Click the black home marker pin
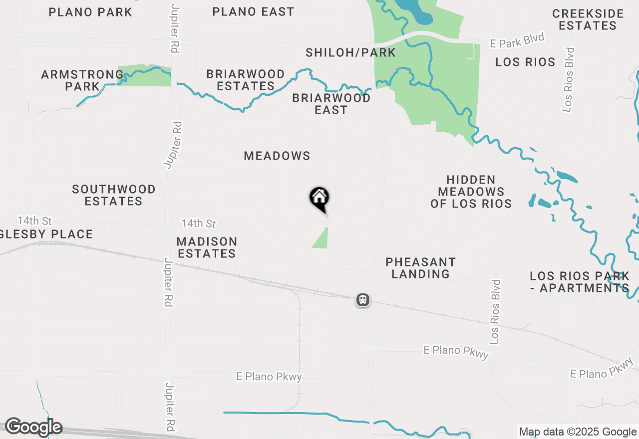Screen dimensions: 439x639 click(319, 199)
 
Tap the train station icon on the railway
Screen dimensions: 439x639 click(363, 300)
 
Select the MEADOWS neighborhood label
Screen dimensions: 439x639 click(277, 156)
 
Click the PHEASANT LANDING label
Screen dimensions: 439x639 click(420, 268)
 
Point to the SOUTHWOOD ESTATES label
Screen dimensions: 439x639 click(114, 195)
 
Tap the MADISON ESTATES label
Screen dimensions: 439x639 click(207, 247)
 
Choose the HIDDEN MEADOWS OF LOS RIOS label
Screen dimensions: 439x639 click(471, 192)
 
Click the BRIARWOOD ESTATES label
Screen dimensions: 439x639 click(246, 80)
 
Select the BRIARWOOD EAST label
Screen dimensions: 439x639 click(331, 104)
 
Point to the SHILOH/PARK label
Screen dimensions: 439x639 click(350, 52)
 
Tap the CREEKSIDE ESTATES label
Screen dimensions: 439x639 click(588, 19)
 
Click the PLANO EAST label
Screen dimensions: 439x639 click(253, 11)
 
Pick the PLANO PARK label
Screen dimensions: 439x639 click(90, 12)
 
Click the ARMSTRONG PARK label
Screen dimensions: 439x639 click(82, 80)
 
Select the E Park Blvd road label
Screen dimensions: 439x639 click(516, 41)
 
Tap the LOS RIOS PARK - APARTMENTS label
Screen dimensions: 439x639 click(580, 282)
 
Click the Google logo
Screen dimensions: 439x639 click(33, 427)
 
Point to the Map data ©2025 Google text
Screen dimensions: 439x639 click(578, 432)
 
